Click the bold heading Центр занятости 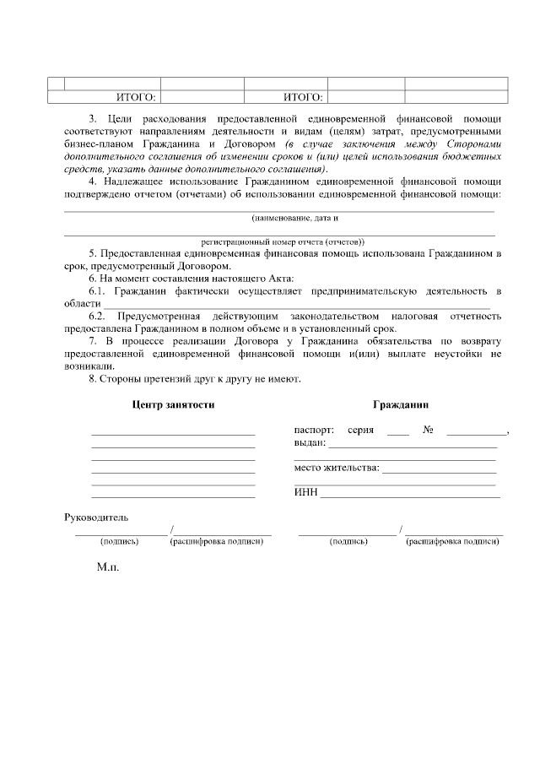coord(173,404)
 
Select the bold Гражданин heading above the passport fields coord(401,404)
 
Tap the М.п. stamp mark coord(108,567)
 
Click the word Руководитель coord(96,517)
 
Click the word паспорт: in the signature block coord(314,430)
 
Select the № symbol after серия coord(428,430)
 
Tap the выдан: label coord(310,442)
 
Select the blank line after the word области coord(295,304)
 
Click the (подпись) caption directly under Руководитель coord(119,541)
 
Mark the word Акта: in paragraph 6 coord(272,279)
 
